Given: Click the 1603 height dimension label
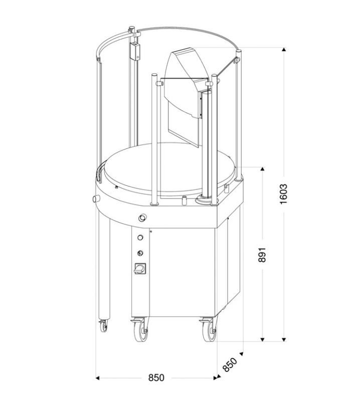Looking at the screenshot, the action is [283, 194].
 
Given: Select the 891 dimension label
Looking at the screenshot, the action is [262, 255].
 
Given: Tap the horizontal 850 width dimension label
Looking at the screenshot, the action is [156, 377].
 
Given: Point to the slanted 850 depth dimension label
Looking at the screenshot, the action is [230, 365].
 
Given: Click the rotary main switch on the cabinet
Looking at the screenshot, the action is [140, 269].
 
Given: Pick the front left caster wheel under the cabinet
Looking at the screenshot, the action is [140, 331].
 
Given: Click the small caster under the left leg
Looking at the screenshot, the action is [104, 326].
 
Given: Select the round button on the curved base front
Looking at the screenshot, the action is [142, 218].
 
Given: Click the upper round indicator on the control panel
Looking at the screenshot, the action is [140, 237].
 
